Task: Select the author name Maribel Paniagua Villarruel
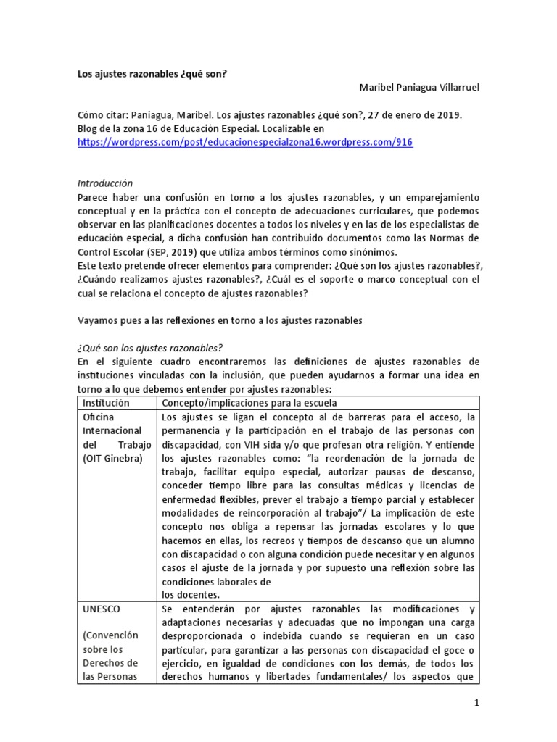point(419,88)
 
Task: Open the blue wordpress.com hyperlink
point(245,143)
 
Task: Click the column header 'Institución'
point(106,402)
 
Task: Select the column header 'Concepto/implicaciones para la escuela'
point(249,402)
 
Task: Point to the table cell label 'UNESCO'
point(102,609)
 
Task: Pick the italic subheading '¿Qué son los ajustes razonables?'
point(149,347)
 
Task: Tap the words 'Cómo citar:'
point(102,115)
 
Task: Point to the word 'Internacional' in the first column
point(113,430)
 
